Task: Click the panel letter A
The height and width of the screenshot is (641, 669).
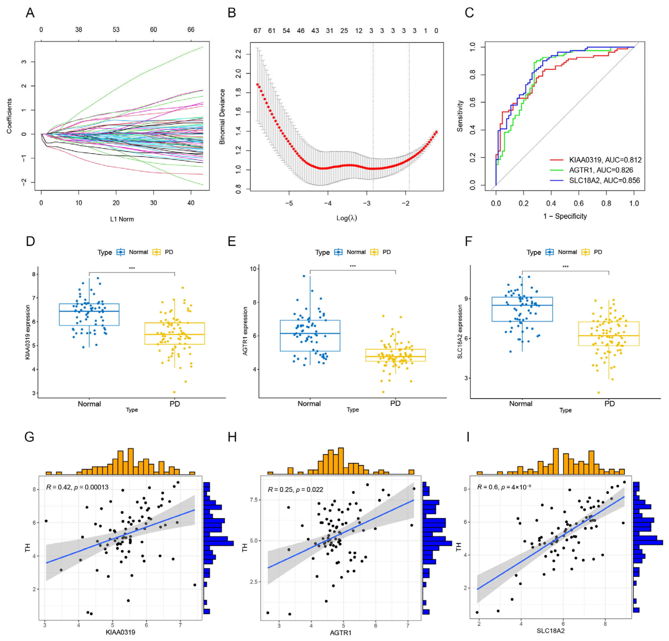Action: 30,13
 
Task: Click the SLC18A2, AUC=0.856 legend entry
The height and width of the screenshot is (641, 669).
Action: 604,180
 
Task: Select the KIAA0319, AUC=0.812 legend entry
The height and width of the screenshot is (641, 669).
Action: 605,160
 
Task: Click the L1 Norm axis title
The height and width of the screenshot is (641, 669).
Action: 122,219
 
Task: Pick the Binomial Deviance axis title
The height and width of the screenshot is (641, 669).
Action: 222,117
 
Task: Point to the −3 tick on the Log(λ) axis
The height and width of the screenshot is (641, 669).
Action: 367,203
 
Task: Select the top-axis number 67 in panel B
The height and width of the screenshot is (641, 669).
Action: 257,31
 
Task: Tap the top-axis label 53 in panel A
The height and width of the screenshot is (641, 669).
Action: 116,30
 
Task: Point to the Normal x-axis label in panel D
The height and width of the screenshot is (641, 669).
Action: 89,404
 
